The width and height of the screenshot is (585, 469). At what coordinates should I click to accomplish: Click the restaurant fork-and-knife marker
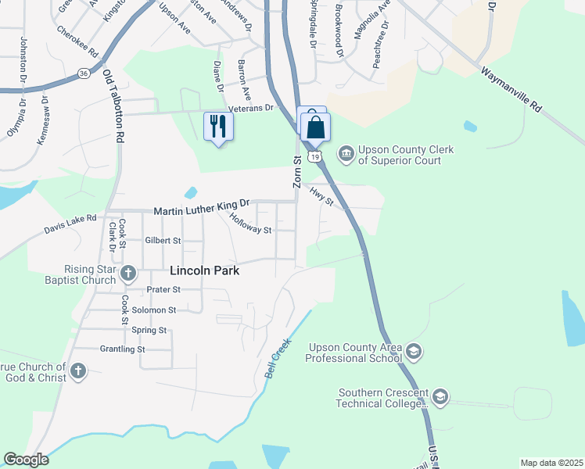218,125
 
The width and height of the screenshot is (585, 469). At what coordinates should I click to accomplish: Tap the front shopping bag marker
315,127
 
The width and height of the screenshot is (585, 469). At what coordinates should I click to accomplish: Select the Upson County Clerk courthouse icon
346,152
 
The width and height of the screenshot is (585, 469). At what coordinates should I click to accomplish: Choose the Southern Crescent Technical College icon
440,397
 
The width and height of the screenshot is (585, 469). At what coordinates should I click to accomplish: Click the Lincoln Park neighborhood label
204,271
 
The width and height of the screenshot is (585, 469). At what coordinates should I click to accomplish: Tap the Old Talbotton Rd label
114,106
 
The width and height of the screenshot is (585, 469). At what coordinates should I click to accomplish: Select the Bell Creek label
278,358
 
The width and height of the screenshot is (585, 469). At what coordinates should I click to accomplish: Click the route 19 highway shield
314,156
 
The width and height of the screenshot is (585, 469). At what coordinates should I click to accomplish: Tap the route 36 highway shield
83,73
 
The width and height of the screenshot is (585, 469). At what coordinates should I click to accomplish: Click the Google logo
26,460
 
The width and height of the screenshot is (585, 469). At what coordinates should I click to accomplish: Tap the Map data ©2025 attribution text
551,463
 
